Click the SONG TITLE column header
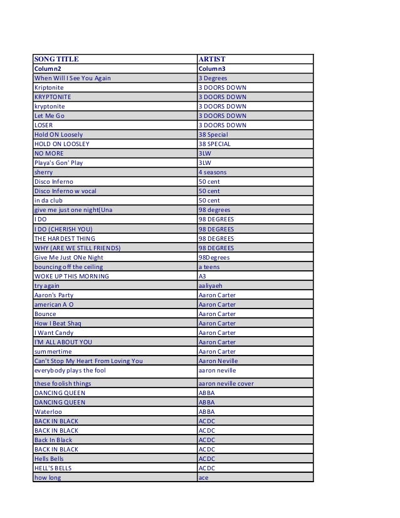coord(56,60)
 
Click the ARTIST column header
coord(211,60)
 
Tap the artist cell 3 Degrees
coord(213,78)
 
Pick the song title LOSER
coord(43,125)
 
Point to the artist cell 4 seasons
coord(213,172)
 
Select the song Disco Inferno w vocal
coord(65,191)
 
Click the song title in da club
coord(48,201)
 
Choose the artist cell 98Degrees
coord(214,257)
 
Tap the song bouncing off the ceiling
coord(68,267)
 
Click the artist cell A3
coord(202,276)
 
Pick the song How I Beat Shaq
coord(58,323)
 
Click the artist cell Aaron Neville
coord(218,361)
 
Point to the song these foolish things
coord(63,383)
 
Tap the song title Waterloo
coord(48,411)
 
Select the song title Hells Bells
coord(48,458)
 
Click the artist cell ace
coord(203,477)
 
